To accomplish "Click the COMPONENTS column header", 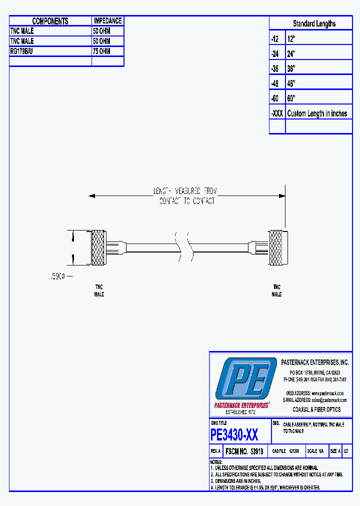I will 50,21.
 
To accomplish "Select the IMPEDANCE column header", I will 107,21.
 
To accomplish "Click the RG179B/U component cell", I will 22,51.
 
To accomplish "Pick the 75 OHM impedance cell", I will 101,51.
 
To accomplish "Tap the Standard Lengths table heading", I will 314,23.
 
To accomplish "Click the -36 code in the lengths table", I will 275,68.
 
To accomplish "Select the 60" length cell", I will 291,98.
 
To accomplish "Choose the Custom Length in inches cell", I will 317,113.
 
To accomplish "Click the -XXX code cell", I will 277,113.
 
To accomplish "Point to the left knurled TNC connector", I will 98,247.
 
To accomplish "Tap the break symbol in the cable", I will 182,246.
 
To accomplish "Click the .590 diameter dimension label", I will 58,275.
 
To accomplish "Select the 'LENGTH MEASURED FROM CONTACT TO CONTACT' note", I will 185,196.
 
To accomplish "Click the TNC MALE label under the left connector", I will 99,291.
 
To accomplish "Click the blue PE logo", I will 245,379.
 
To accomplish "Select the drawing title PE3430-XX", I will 234,435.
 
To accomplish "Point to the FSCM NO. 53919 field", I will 244,451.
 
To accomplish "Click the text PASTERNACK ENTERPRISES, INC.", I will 314,362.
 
